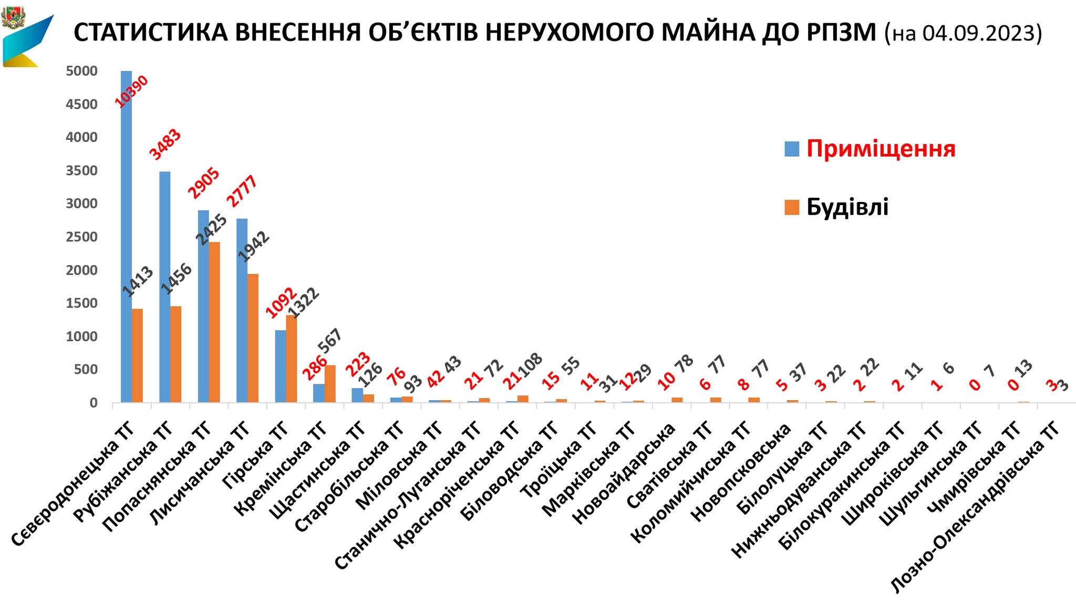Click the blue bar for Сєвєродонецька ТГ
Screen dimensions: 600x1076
(126, 237)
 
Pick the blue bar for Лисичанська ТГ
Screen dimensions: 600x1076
(242, 310)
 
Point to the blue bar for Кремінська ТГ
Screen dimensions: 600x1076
(318, 393)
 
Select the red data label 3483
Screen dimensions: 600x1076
(165, 144)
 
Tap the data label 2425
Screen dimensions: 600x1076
(211, 230)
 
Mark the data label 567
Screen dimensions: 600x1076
(330, 343)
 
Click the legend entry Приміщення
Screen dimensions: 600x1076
(881, 149)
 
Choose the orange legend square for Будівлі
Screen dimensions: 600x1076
(792, 207)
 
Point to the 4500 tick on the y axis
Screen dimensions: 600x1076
(82, 104)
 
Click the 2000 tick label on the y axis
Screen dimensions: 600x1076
(82, 270)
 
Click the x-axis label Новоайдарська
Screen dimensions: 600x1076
(624, 473)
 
